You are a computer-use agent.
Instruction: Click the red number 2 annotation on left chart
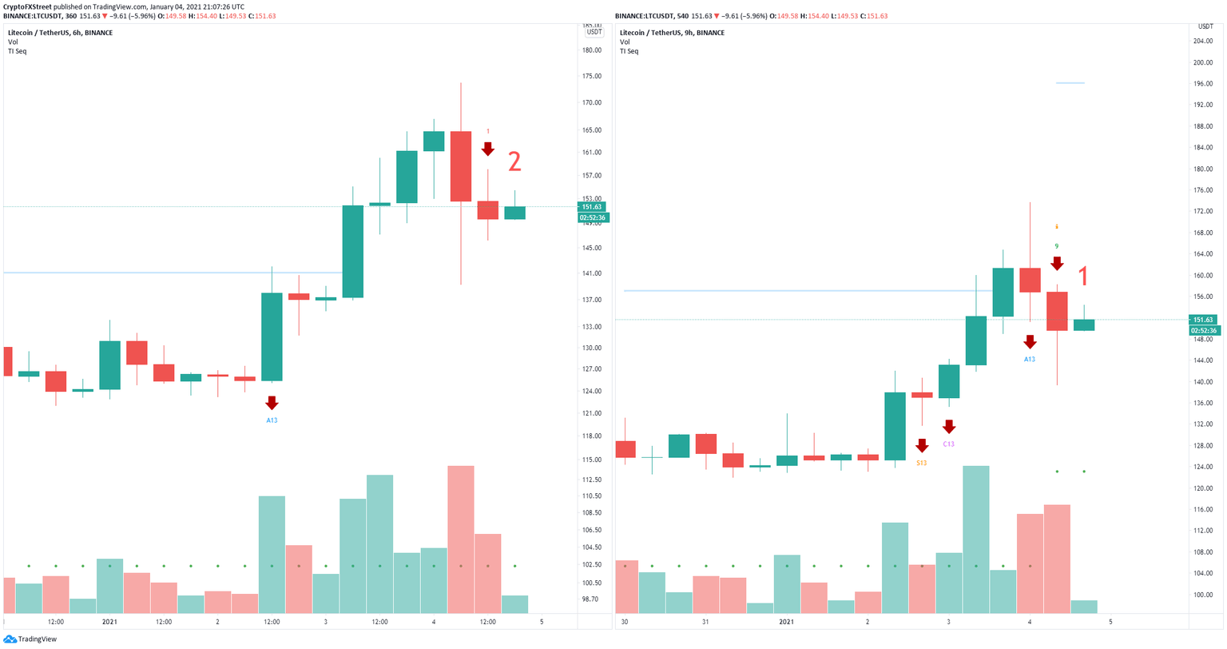point(514,162)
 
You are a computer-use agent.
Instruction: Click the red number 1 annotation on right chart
point(1083,277)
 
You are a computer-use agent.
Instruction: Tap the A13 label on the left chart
point(272,420)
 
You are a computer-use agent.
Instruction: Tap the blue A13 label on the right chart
point(1030,360)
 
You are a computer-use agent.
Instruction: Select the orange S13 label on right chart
point(921,463)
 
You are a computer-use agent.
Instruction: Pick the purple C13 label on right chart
point(948,444)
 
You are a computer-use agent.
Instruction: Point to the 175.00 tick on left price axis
point(592,77)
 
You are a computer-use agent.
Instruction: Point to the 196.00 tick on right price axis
point(1202,84)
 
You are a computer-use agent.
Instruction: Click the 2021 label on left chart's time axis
point(109,622)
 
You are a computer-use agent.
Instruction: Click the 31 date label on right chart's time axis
point(705,622)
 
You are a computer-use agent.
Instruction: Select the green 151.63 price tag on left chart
point(593,207)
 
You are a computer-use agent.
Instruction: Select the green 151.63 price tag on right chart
point(1204,320)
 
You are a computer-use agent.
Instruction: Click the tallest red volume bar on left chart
point(461,540)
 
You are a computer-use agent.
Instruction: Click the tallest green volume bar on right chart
point(976,540)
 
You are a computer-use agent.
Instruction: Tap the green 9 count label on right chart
point(1057,246)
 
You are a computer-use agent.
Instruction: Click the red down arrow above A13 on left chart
point(272,403)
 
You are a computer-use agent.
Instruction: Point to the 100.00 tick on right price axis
point(1202,595)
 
